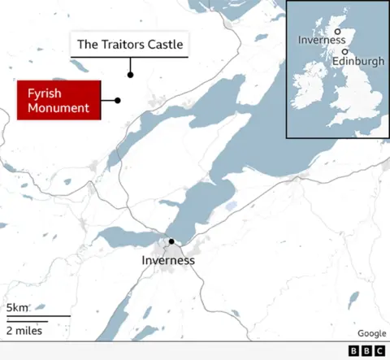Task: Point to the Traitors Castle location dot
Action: click(130, 75)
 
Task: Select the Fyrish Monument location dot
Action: click(118, 101)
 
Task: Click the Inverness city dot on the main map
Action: click(171, 241)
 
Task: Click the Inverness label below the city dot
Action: click(168, 261)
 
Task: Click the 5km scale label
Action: click(18, 308)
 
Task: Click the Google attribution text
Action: click(371, 333)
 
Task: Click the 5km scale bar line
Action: click(37, 316)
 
